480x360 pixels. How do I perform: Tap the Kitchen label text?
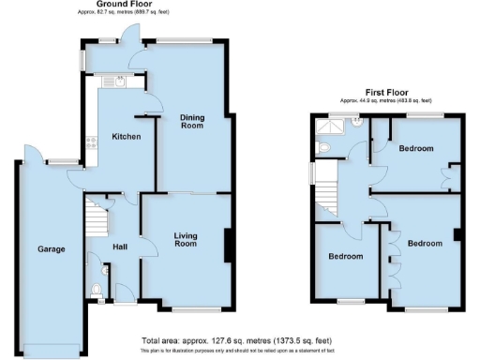pyautogui.click(x=127, y=137)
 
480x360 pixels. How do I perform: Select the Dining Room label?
pyautogui.click(x=191, y=121)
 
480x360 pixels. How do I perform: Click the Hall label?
pyautogui.click(x=120, y=247)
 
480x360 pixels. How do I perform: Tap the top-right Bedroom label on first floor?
pyautogui.click(x=414, y=148)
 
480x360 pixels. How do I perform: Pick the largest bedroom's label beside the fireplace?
pyautogui.click(x=424, y=243)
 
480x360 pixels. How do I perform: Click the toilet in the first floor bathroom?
pyautogui.click(x=323, y=147)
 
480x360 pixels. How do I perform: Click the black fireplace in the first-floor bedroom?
pyautogui.click(x=457, y=235)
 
